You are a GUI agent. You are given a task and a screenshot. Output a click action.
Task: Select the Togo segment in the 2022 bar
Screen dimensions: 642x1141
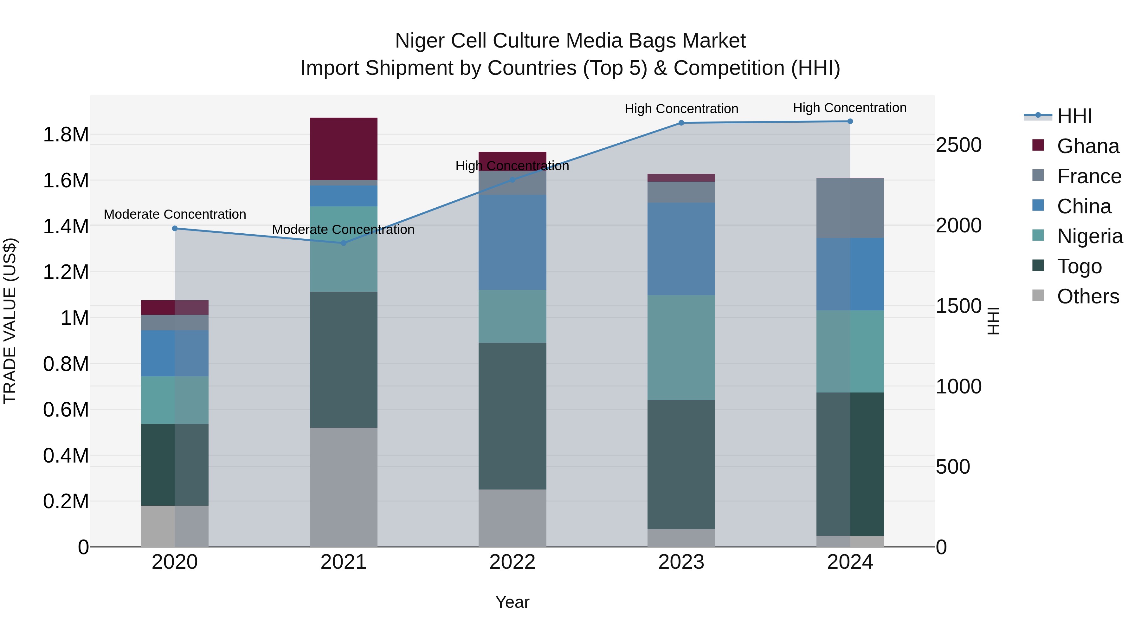[512, 416]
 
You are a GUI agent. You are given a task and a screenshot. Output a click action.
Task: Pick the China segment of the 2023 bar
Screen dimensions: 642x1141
[681, 249]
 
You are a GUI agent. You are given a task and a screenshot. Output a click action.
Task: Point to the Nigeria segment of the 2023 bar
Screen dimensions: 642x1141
[681, 347]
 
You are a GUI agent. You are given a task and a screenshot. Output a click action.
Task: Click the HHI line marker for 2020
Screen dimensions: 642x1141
[175, 229]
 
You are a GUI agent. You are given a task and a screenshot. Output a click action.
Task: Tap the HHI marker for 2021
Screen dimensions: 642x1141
[343, 243]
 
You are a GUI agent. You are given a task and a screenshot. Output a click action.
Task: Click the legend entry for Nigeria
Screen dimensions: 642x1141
[1090, 236]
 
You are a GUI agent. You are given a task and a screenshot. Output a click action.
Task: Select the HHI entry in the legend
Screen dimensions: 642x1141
[1074, 116]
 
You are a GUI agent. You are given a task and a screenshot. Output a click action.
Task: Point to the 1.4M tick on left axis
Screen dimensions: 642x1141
[66, 226]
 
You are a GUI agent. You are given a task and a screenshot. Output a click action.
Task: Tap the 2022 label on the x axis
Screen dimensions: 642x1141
[512, 562]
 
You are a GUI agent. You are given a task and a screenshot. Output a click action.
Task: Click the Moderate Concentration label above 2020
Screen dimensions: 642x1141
[175, 214]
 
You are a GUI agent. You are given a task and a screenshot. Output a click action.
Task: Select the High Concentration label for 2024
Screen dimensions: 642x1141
[849, 108]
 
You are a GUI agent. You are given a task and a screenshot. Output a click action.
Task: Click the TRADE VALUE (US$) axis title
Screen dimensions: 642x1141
[10, 321]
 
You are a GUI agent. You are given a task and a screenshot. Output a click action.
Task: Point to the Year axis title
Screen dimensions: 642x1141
[512, 602]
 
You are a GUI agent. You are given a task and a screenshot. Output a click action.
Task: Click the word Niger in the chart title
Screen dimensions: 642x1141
[419, 41]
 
